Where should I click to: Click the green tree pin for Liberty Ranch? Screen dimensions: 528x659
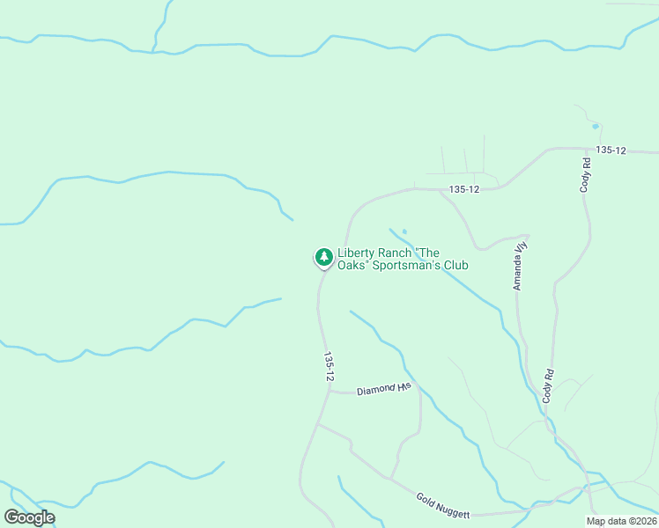(324, 257)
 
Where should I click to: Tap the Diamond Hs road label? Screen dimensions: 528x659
(384, 388)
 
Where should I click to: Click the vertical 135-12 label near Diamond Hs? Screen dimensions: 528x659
(329, 366)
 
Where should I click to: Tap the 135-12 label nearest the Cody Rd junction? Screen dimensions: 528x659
(610, 151)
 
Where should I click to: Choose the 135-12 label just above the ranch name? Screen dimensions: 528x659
(463, 189)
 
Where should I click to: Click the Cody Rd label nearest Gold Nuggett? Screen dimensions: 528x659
(548, 386)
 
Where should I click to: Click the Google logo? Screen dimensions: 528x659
(30, 517)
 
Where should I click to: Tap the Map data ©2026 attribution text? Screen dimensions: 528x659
(621, 521)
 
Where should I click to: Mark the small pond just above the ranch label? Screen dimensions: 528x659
(404, 232)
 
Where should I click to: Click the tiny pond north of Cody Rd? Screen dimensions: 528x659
(596, 126)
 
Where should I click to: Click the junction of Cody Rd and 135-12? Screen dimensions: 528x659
(584, 149)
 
